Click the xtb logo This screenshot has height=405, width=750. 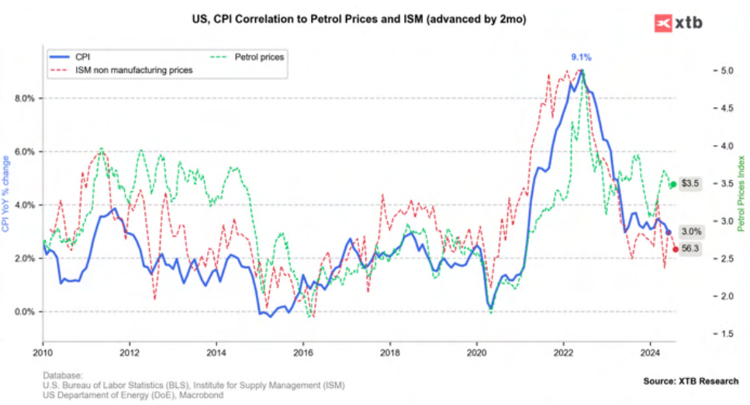(x=678, y=23)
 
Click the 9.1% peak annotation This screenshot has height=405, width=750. (x=581, y=57)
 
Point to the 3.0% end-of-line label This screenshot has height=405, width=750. (x=691, y=232)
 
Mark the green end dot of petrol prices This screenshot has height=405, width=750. (x=673, y=184)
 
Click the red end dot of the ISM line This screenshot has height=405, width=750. (x=676, y=249)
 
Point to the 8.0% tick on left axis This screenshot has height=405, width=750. (x=25, y=99)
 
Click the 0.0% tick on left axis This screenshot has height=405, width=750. (x=25, y=312)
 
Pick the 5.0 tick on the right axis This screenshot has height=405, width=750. (x=723, y=71)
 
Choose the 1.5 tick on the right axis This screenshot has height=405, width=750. (x=723, y=334)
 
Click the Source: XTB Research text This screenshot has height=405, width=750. (x=690, y=381)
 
